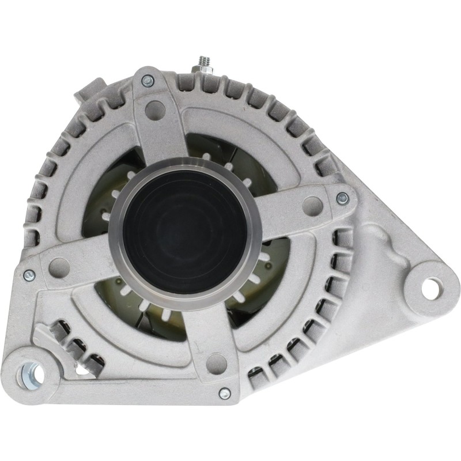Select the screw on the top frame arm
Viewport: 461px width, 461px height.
tap(148, 81)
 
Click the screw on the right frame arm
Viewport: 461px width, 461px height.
tap(342, 198)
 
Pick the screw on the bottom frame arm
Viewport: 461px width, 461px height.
tap(225, 394)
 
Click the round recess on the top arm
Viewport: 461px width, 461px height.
tap(155, 109)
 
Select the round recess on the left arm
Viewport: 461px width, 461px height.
tap(59, 266)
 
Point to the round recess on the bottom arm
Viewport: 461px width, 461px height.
tap(216, 363)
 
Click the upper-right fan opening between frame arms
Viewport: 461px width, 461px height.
tap(242, 156)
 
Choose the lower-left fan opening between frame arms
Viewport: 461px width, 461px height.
tap(133, 311)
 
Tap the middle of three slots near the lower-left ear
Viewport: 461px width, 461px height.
tap(75, 346)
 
